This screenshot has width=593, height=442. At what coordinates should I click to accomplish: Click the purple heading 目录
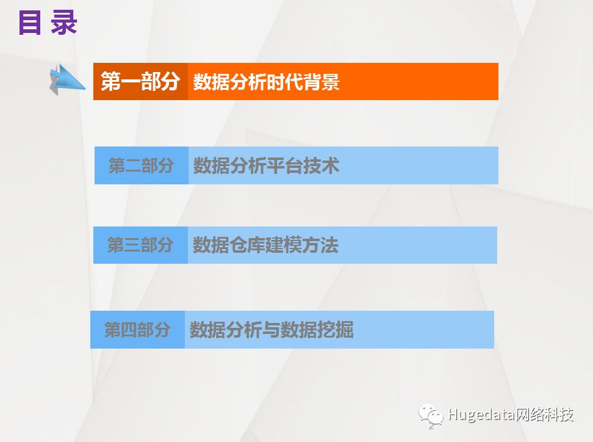coord(48,23)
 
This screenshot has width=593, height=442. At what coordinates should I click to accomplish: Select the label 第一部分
coord(140,81)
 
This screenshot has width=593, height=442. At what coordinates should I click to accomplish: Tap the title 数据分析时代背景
coord(266,82)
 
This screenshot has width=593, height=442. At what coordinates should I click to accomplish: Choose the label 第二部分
coord(141,166)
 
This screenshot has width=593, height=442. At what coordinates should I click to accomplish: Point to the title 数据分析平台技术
coord(266,166)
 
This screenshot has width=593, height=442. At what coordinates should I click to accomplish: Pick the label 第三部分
coord(140,245)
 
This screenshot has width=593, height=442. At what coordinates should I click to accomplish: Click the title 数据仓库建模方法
coord(265,245)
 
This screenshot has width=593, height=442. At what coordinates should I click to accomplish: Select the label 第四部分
coord(137,330)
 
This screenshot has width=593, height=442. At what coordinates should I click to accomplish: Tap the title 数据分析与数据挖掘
coord(271,330)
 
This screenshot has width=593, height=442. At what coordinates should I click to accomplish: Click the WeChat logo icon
coord(431,416)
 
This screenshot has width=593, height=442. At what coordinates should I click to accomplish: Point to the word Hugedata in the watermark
coord(480,415)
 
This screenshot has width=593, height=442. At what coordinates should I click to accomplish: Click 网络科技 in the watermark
coord(543,415)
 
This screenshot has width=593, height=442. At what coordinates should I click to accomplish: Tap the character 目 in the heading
coord(29,23)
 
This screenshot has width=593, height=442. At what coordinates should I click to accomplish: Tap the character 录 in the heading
coord(64,23)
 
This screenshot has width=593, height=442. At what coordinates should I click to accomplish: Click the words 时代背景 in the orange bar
coord(303,82)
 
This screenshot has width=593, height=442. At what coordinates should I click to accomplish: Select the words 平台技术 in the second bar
coord(303,166)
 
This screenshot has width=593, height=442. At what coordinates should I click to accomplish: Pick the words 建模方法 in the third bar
coord(302,245)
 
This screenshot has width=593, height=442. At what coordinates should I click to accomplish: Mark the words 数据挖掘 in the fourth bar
coord(317,330)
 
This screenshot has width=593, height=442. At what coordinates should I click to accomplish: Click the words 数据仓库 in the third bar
coord(229,245)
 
